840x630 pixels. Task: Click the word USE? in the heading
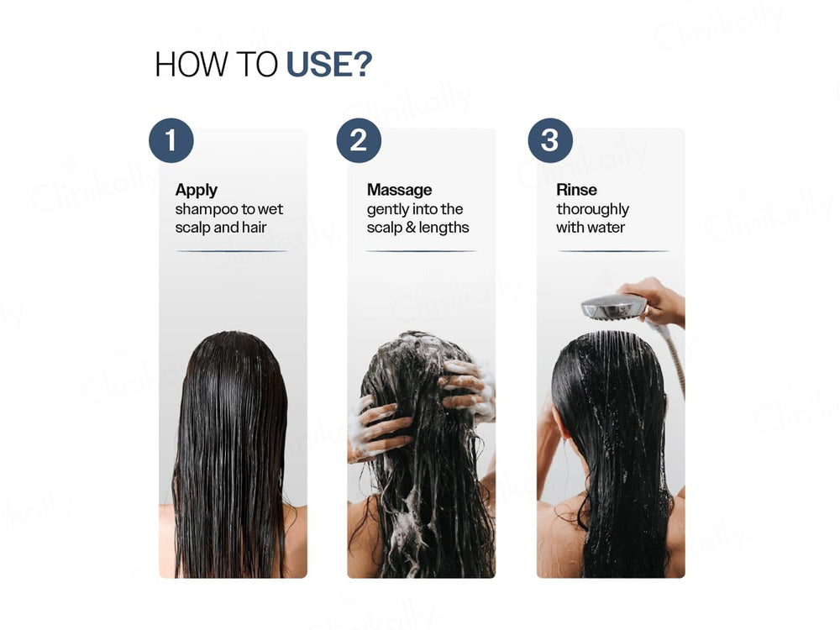coord(328,65)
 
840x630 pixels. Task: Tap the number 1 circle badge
coord(171,139)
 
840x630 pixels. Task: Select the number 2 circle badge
coord(359,139)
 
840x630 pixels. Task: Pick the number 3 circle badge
coord(550,139)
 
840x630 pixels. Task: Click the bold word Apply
coord(197,190)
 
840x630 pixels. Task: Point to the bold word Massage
coord(399,190)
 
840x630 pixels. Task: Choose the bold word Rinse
coord(576,190)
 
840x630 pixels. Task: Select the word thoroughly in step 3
coord(592,209)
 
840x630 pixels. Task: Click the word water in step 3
coord(606,228)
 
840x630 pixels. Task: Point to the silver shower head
coord(614,307)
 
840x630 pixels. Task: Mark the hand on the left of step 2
coord(375,428)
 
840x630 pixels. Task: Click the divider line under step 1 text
coord(232,251)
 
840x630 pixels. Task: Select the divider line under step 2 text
coord(422,251)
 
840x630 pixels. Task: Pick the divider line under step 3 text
coord(613,251)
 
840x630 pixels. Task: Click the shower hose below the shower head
coord(676,361)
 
